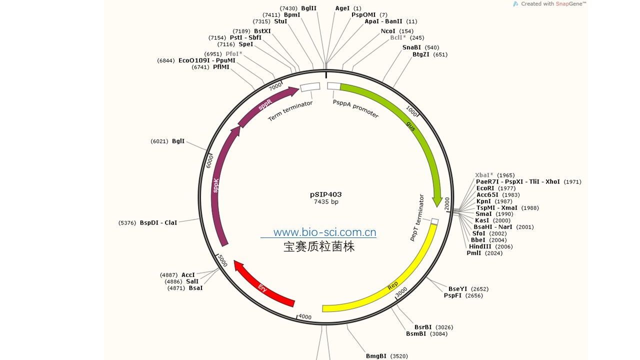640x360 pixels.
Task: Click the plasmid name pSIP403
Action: pyautogui.click(x=325, y=194)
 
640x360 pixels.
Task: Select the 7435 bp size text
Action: pyautogui.click(x=325, y=202)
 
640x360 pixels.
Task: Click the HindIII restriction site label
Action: pyautogui.click(x=480, y=246)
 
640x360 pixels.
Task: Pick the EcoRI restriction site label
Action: pyautogui.click(x=485, y=188)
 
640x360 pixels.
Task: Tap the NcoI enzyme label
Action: pyautogui.click(x=388, y=31)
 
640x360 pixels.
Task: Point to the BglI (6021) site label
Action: pyautogui.click(x=178, y=141)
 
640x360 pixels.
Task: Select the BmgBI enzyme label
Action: pyautogui.click(x=376, y=356)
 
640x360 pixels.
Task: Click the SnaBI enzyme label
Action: pyautogui.click(x=411, y=47)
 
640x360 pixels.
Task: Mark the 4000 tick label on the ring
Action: pyautogui.click(x=304, y=317)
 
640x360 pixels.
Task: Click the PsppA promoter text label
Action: pyautogui.click(x=355, y=108)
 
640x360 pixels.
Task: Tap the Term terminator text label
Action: pyautogui.click(x=290, y=110)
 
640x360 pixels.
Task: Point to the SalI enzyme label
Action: pyautogui.click(x=192, y=281)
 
